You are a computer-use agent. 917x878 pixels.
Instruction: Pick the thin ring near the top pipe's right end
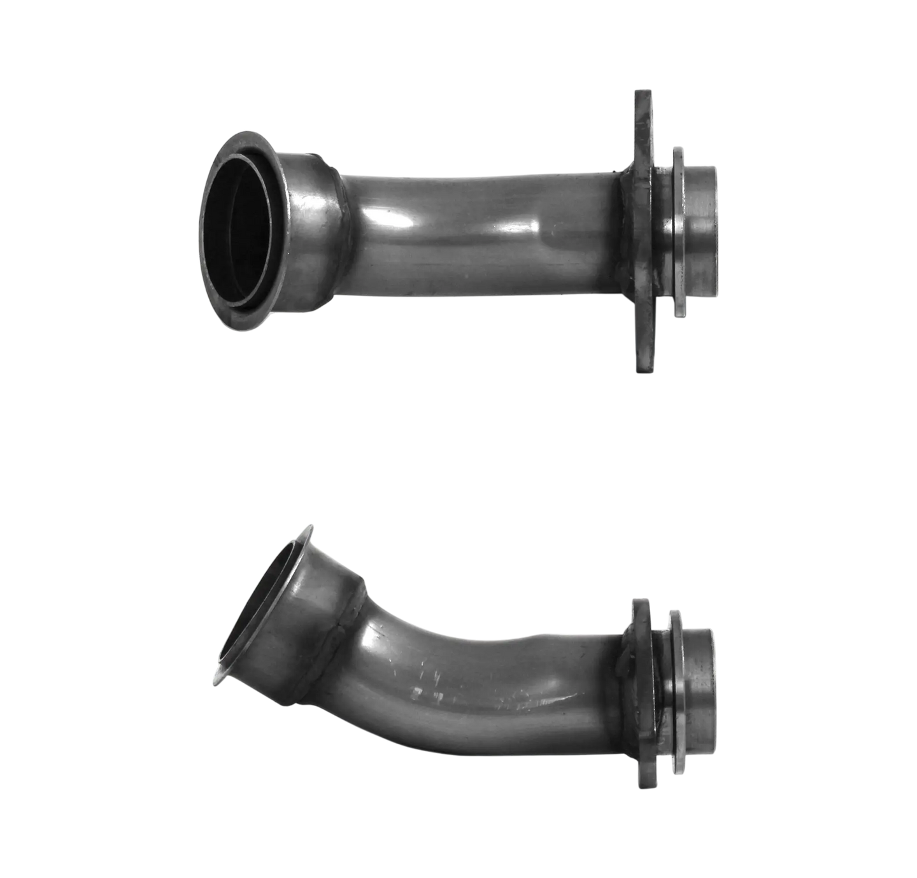click(x=679, y=232)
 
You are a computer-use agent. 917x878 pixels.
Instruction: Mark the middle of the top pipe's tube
click(x=478, y=216)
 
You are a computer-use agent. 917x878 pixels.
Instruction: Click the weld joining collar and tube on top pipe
click(x=341, y=236)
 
